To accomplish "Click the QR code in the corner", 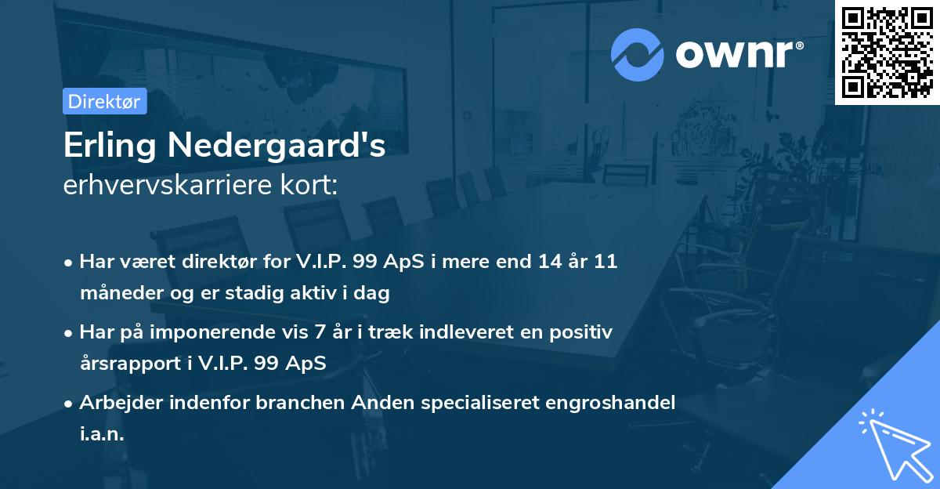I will pos(887,53).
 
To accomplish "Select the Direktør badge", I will pos(104,101).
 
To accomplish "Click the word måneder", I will pos(119,293).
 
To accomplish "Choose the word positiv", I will pos(584,332).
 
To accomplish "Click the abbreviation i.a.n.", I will pos(102,434).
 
